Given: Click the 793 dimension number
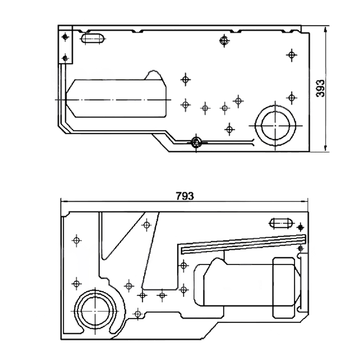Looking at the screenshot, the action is tap(185, 196).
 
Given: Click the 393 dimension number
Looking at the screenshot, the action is tap(321, 88).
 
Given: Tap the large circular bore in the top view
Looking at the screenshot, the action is tap(275, 126).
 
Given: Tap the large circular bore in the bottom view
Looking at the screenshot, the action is tap(95, 311).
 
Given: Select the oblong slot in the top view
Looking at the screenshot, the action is tap(93, 39).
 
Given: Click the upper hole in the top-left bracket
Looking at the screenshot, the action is tap(65, 37).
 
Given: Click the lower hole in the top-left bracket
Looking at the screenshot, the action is tap(65, 58).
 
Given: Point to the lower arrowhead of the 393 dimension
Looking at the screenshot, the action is tap(325, 148).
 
